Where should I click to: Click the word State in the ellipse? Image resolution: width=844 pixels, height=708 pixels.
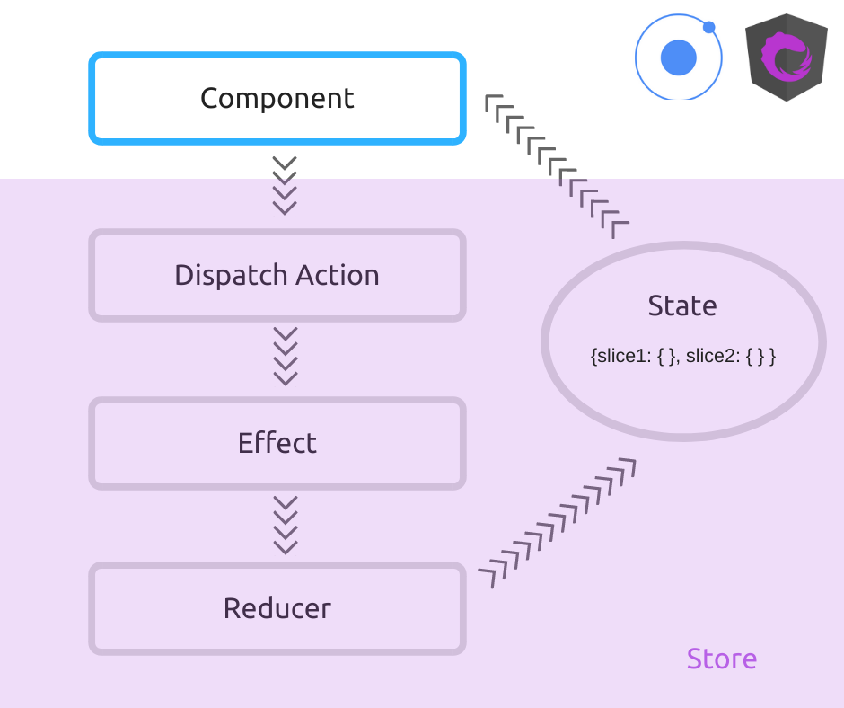(682, 305)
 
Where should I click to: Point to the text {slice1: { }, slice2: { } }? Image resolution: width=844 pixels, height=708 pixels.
(682, 356)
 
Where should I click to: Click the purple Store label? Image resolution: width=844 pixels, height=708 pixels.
(721, 659)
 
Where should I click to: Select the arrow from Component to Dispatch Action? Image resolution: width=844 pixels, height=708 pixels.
(285, 186)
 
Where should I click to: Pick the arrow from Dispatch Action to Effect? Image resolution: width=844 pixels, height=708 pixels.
(285, 357)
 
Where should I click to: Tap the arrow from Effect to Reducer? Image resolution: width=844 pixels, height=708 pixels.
(285, 525)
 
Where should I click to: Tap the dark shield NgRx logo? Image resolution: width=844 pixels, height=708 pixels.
(787, 58)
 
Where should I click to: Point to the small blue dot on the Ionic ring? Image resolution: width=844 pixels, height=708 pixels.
(709, 27)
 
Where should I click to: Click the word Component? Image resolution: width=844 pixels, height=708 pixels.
(277, 98)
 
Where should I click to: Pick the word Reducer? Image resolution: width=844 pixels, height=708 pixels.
(277, 608)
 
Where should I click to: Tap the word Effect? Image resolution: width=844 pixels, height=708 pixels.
(277, 443)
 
